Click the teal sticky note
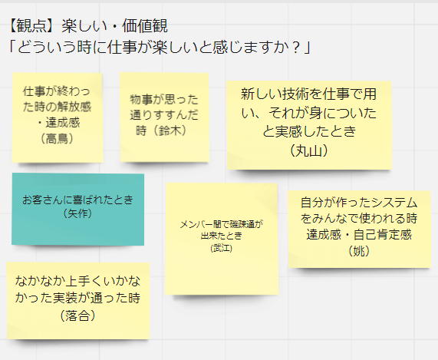[78, 210]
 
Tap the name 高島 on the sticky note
[58, 138]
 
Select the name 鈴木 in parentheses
[170, 130]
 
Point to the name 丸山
[308, 151]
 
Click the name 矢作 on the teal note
[78, 214]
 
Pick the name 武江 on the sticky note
[222, 248]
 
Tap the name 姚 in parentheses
[359, 251]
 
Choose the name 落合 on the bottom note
[78, 315]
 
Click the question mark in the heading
[296, 48]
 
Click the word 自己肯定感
[383, 234]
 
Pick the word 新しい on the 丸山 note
[262, 94]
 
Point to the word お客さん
[43, 200]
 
